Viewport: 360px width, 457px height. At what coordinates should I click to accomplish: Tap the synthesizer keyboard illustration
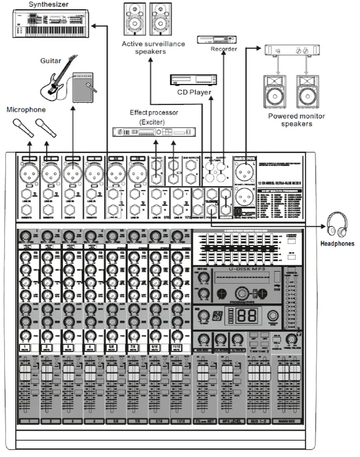pos(53,24)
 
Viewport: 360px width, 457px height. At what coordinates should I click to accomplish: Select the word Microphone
pos(26,110)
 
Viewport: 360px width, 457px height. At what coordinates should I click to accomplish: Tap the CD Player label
pos(193,92)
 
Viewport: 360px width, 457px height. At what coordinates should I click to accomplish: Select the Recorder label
pos(224,49)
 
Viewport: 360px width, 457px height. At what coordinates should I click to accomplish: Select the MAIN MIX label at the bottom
pos(289,421)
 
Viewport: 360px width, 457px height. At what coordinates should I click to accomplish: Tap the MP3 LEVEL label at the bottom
pos(231,421)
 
